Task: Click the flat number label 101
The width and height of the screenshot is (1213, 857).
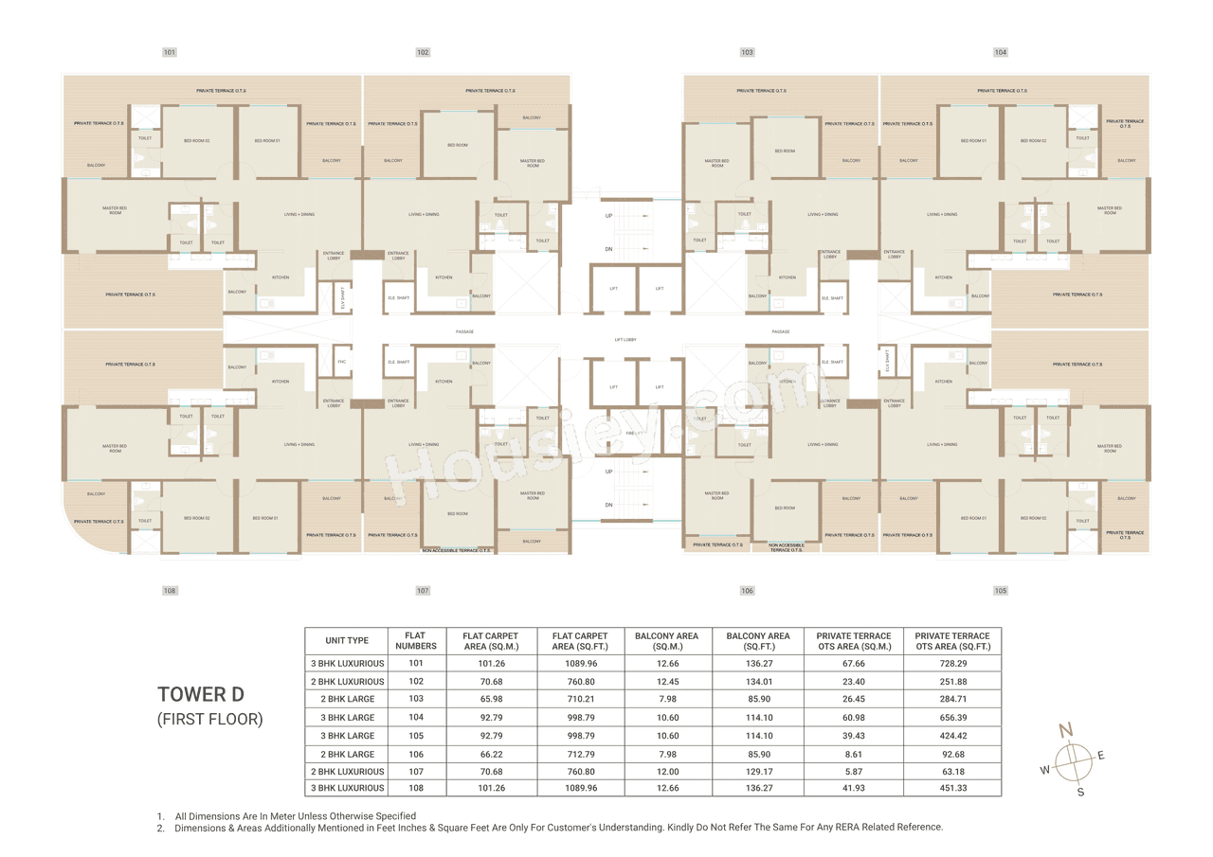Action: (x=170, y=52)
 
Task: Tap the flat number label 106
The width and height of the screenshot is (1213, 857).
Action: (x=748, y=591)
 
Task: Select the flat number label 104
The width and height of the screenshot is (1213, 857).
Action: (x=1001, y=52)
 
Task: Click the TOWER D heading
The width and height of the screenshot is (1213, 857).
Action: (x=201, y=695)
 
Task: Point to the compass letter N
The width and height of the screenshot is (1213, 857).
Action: (x=1065, y=729)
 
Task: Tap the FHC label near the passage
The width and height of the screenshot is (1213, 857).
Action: (x=341, y=361)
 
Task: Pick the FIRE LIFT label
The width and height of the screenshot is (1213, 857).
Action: (x=635, y=433)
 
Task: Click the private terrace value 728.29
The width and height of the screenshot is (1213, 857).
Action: (x=951, y=664)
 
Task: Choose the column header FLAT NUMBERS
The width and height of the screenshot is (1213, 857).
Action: (x=416, y=641)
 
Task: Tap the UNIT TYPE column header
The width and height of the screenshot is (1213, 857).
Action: (x=347, y=641)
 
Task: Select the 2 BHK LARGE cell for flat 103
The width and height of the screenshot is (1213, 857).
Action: (x=347, y=699)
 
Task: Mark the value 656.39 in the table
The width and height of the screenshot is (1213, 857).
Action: (x=951, y=718)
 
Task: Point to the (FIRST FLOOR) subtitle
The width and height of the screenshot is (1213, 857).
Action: (x=209, y=720)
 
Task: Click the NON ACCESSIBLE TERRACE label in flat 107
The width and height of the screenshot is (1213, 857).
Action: (x=456, y=549)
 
